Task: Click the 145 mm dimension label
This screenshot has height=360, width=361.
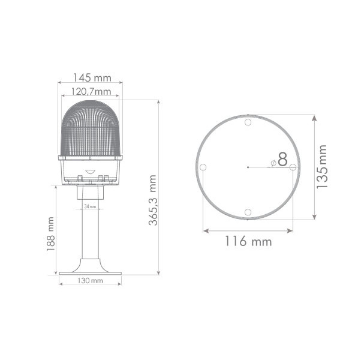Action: click(x=92, y=77)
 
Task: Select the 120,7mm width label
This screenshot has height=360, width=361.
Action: click(x=91, y=92)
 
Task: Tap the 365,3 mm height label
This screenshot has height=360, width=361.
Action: click(x=153, y=200)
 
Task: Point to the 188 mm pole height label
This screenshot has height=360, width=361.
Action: click(x=50, y=234)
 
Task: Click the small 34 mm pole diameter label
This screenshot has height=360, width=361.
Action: click(x=90, y=206)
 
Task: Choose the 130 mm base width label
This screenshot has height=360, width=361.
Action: click(x=90, y=281)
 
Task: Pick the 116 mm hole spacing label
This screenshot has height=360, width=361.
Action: click(x=248, y=241)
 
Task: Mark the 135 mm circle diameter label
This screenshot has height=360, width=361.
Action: click(x=321, y=167)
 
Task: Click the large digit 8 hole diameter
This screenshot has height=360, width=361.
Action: click(x=282, y=159)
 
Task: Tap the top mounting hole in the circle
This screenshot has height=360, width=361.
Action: click(x=248, y=122)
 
